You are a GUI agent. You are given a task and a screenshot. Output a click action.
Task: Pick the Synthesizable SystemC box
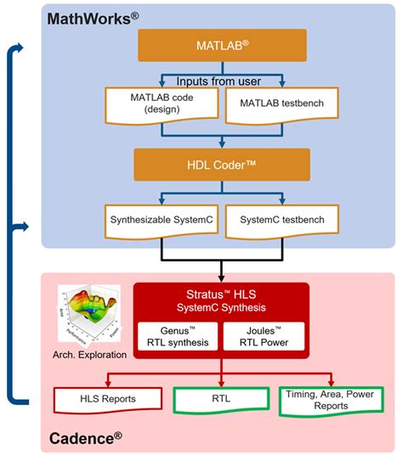pos(161,220)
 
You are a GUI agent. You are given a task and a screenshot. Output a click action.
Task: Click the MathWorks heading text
pos(93,17)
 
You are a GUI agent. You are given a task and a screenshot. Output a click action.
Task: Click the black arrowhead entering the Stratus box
pos(221,278)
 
